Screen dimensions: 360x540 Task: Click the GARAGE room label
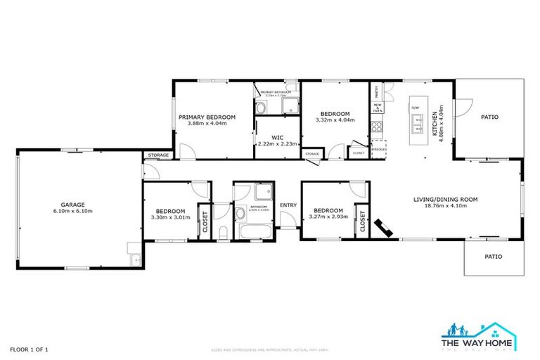(x=73, y=205)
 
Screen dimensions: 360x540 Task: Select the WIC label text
(x=276, y=137)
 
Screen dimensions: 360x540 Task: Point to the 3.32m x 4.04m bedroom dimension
(x=335, y=120)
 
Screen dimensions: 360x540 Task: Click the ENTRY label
(x=288, y=205)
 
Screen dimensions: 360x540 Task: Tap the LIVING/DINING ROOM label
(x=445, y=200)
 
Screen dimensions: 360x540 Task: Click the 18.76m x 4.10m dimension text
(x=445, y=207)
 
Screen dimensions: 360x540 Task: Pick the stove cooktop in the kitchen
(x=377, y=127)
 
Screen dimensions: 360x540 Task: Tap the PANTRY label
(x=377, y=91)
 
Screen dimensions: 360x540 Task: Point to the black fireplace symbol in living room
(x=384, y=227)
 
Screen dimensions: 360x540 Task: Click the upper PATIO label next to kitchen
(x=489, y=117)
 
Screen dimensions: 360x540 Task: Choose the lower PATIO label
(x=494, y=257)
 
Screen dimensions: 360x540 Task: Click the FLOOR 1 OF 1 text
(x=29, y=349)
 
